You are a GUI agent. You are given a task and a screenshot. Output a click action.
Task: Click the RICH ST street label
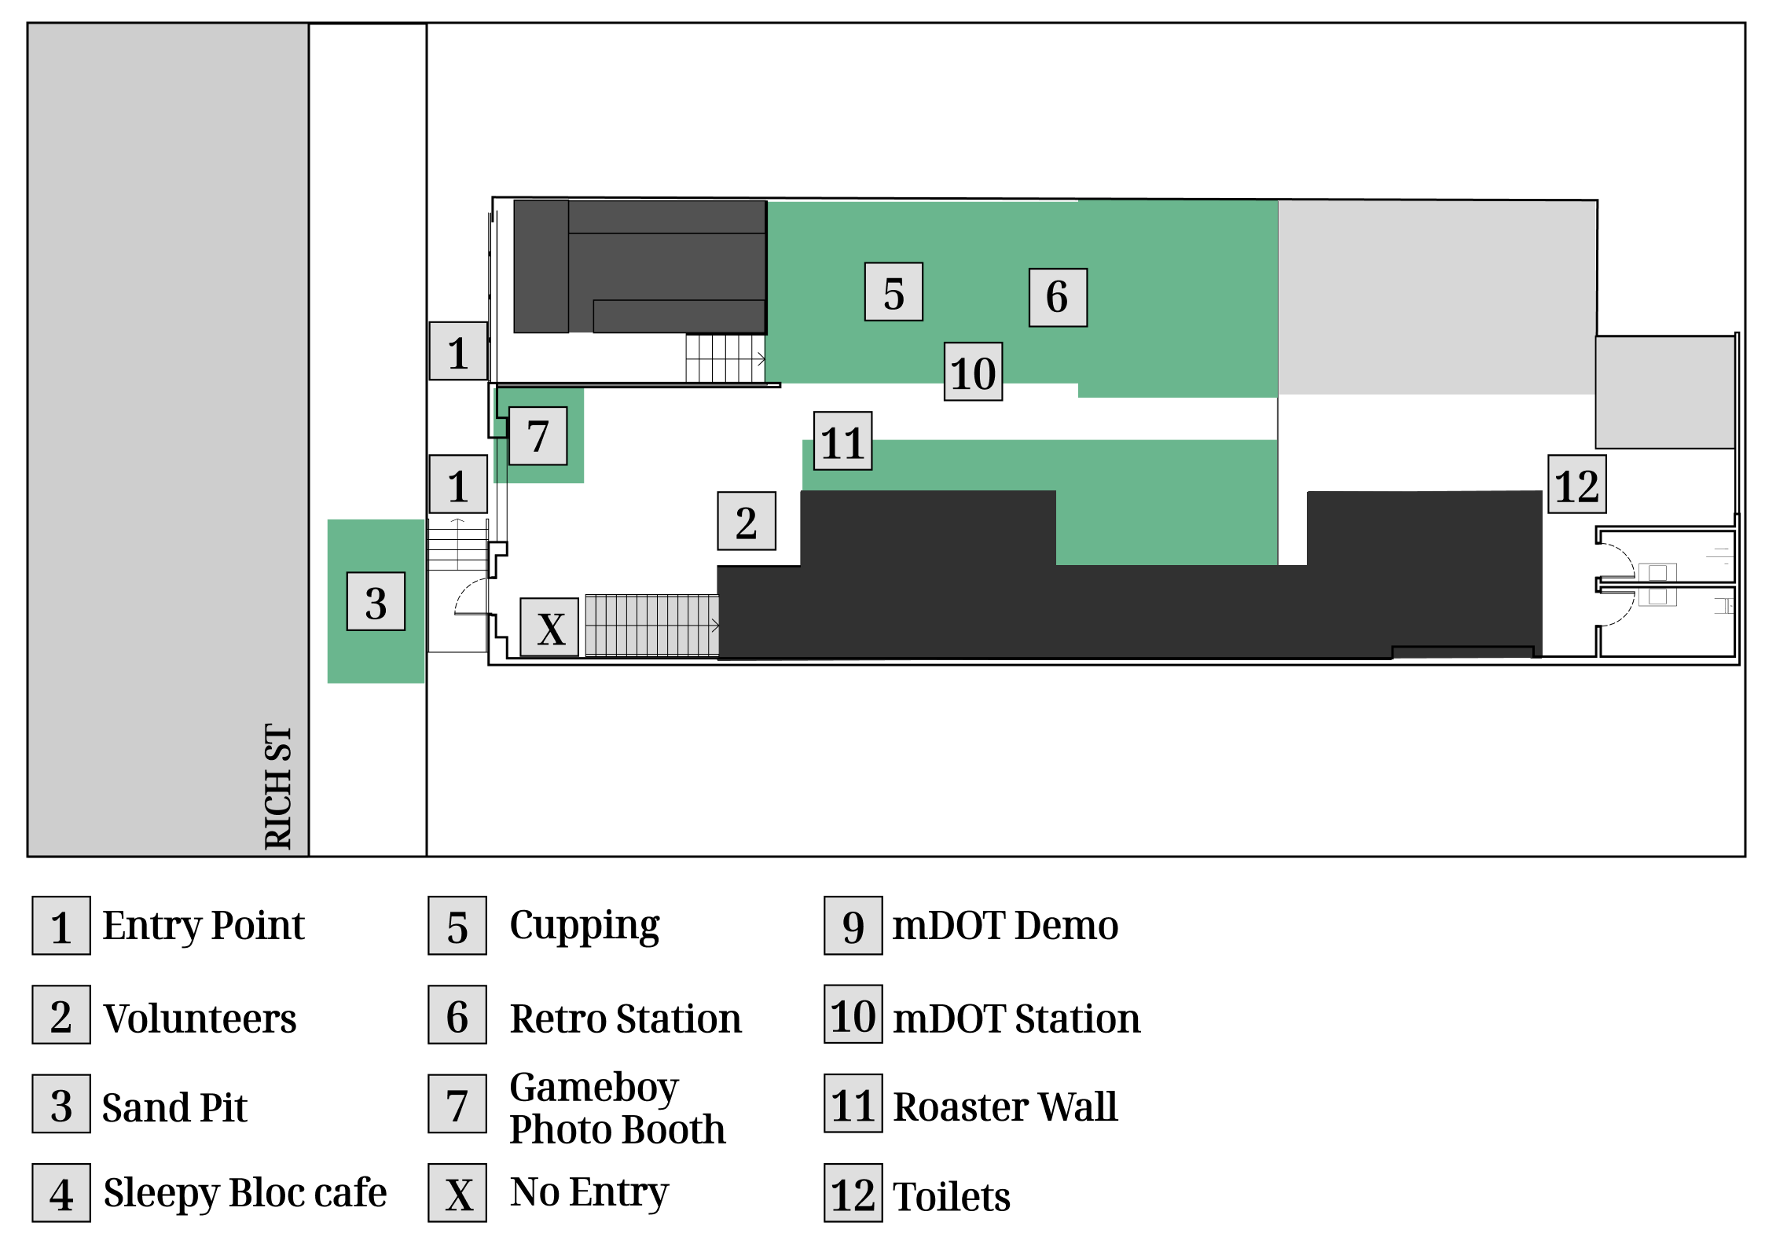pos(278,787)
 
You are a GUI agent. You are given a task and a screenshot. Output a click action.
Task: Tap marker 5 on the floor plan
pos(894,292)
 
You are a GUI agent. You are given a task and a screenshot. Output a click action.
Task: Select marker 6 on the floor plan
pos(1058,297)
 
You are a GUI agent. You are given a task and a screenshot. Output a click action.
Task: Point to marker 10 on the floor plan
pos(973,372)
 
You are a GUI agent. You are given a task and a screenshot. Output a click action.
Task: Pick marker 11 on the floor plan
pos(842,441)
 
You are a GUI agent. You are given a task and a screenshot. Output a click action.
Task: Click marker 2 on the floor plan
pos(747,521)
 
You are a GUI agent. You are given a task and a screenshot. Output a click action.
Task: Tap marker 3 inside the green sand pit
pos(376,601)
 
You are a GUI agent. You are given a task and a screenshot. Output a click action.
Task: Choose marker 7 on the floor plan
pos(538,436)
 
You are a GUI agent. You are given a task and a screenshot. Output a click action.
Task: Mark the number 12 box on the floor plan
pos(1576,484)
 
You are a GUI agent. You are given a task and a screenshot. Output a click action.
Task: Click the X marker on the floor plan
pos(549,627)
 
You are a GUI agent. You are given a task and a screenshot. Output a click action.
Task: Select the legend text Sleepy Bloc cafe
pos(245,1193)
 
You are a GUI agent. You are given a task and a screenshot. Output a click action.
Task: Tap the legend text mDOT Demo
pos(1005,925)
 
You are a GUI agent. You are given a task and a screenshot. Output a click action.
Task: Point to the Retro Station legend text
pos(626,1019)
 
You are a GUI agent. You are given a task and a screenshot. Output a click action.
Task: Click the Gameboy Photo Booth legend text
pos(618,1108)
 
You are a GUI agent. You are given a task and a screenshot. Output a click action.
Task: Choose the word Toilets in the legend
pos(952,1197)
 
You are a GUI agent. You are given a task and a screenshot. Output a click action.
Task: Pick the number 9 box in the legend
pos(853,926)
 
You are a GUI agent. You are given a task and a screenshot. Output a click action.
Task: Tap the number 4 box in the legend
pos(61,1193)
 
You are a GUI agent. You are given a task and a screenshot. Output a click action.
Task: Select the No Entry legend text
pos(589,1192)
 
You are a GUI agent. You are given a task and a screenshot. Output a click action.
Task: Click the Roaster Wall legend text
pos(1005,1107)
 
